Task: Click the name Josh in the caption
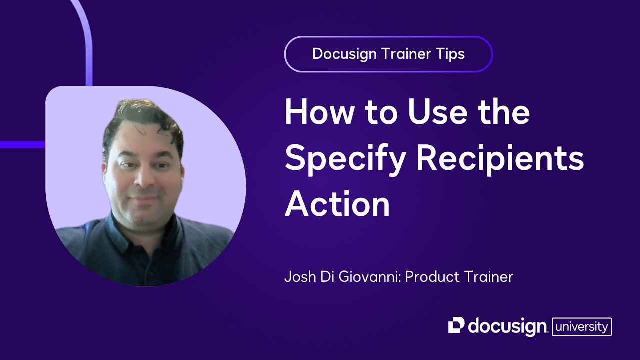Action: (x=300, y=277)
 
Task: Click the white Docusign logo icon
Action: (x=456, y=325)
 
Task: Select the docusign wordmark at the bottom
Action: (x=507, y=326)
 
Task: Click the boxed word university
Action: (x=581, y=327)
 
